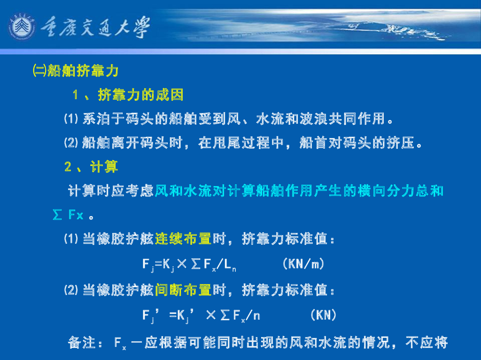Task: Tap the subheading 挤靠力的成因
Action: pyautogui.click(x=140, y=95)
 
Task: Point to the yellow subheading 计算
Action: pyautogui.click(x=104, y=166)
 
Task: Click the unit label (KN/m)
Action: pyautogui.click(x=303, y=264)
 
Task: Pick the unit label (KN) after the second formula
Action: pyautogui.click(x=323, y=315)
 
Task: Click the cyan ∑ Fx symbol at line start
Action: pyautogui.click(x=68, y=216)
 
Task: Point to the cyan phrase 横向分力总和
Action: pyautogui.click(x=400, y=191)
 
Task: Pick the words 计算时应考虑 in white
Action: pyautogui.click(x=111, y=191)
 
